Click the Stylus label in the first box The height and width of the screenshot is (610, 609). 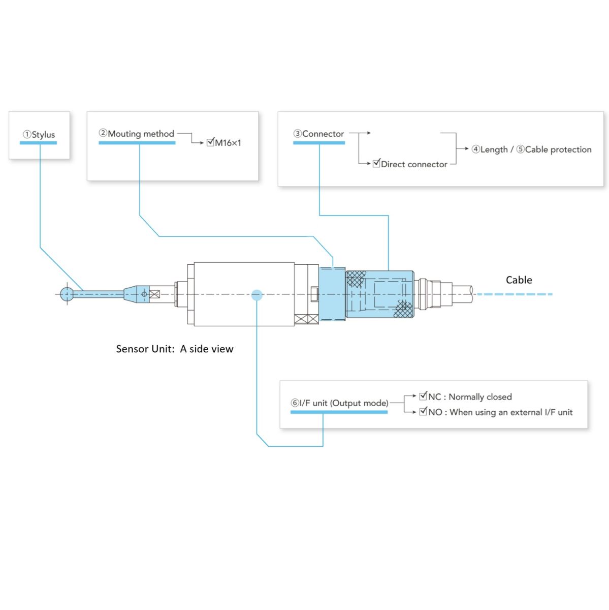tap(39, 135)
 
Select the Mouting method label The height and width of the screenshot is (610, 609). tap(137, 134)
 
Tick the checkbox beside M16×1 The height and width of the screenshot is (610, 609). tap(210, 142)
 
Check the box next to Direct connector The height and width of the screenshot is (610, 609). tap(376, 163)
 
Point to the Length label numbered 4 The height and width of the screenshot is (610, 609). tap(490, 149)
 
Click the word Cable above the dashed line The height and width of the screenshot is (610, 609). tap(519, 280)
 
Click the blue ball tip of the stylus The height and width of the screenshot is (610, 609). tap(67, 294)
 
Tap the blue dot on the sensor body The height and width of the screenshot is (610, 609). tap(257, 295)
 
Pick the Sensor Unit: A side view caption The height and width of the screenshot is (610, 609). tap(174, 349)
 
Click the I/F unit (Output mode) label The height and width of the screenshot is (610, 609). tap(339, 403)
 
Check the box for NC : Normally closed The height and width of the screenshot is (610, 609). tap(423, 396)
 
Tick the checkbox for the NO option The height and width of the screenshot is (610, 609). tap(423, 411)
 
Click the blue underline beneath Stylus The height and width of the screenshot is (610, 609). tap(38, 143)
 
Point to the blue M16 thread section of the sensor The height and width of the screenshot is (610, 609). tap(332, 294)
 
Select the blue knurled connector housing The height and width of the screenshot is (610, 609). tap(379, 294)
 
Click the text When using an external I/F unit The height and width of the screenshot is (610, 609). tap(511, 412)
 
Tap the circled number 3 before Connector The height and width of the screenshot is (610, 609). tap(297, 134)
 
